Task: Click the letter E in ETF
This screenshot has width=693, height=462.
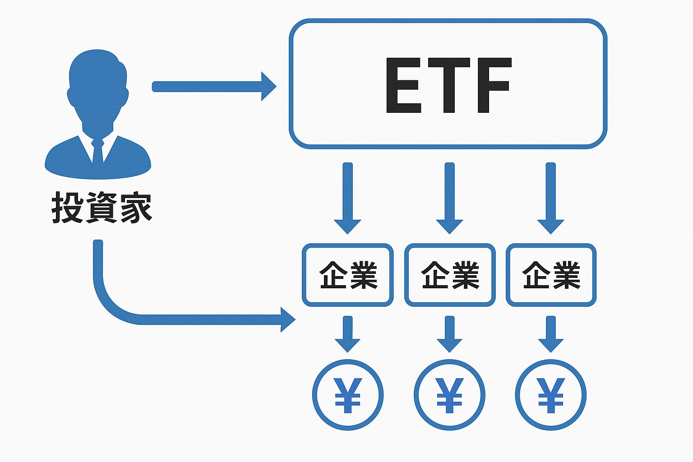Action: click(403, 85)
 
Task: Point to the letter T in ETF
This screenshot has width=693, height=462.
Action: click(449, 85)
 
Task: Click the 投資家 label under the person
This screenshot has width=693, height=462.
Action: click(102, 207)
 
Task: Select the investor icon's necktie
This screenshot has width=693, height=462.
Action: click(97, 151)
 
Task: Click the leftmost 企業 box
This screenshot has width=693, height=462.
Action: click(347, 275)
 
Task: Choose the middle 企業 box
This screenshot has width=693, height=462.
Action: click(450, 275)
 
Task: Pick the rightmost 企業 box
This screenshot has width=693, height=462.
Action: click(551, 275)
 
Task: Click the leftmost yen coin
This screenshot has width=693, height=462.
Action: click(348, 395)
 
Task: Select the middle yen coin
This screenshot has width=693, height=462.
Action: click(449, 395)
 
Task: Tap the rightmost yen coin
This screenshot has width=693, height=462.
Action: click(550, 395)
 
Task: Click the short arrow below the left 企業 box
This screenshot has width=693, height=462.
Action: click(347, 334)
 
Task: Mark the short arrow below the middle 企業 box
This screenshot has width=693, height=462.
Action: click(449, 334)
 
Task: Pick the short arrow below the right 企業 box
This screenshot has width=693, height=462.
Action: click(550, 334)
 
